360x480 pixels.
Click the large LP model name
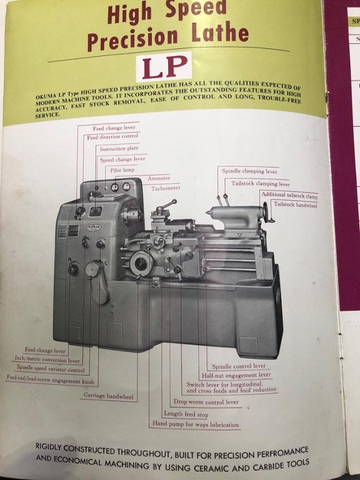pyautogui.click(x=165, y=66)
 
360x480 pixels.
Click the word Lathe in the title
pyautogui.click(x=220, y=32)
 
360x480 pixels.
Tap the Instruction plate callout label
pyautogui.click(x=119, y=149)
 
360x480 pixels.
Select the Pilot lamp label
pyautogui.click(x=122, y=170)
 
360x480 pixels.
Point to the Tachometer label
pyautogui.click(x=165, y=188)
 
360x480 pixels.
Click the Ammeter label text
pyautogui.click(x=159, y=178)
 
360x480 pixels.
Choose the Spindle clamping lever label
pyautogui.click(x=249, y=171)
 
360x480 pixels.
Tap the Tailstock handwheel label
pyautogui.click(x=296, y=204)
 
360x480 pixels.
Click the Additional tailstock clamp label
pyautogui.click(x=289, y=195)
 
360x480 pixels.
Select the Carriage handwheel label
pyautogui.click(x=109, y=396)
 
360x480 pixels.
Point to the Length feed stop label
pyautogui.click(x=186, y=414)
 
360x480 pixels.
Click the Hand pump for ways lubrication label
pyautogui.click(x=196, y=424)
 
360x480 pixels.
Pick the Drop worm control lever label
pyautogui.click(x=206, y=402)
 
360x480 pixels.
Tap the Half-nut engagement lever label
pyautogui.click(x=236, y=375)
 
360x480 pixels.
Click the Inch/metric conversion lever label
pyautogui.click(x=47, y=359)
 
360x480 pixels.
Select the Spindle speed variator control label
pyautogui.click(x=51, y=368)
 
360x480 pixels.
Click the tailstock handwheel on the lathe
pyautogui.click(x=268, y=212)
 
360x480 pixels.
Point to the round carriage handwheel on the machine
pyautogui.click(x=141, y=263)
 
